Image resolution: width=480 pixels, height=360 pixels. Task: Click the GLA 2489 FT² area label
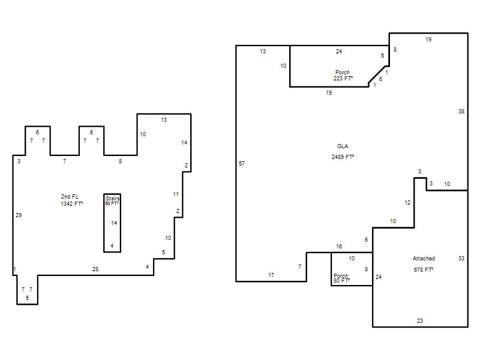(x=343, y=152)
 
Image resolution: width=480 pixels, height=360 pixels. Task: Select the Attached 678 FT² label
(x=424, y=264)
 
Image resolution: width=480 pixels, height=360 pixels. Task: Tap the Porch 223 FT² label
(x=343, y=76)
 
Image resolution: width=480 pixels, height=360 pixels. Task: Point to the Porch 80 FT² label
(x=341, y=278)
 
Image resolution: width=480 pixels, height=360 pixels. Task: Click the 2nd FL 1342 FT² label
(x=71, y=200)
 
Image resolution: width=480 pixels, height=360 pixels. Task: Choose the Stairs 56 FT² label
(x=112, y=201)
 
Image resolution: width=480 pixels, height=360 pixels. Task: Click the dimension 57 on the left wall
(x=242, y=163)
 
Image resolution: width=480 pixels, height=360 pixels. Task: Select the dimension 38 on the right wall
(x=461, y=112)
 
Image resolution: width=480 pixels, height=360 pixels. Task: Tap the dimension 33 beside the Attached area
(x=461, y=259)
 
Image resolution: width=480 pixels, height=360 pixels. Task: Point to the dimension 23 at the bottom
(x=420, y=320)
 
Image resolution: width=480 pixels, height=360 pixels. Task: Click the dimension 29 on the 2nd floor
(x=19, y=215)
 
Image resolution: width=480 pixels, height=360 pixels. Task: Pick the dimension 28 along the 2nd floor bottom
(x=95, y=269)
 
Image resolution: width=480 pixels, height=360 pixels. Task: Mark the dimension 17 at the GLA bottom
(x=271, y=275)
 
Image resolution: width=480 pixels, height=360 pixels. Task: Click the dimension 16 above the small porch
(x=339, y=247)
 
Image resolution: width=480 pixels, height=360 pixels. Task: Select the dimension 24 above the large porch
(x=339, y=52)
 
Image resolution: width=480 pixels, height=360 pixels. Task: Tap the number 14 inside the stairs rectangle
(x=114, y=223)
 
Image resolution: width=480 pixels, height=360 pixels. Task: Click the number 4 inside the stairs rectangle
(x=112, y=245)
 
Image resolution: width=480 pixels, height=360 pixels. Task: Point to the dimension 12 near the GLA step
(x=407, y=203)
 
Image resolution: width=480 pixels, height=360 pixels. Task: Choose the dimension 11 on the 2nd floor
(x=176, y=194)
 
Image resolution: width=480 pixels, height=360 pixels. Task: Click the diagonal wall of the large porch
(x=377, y=74)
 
